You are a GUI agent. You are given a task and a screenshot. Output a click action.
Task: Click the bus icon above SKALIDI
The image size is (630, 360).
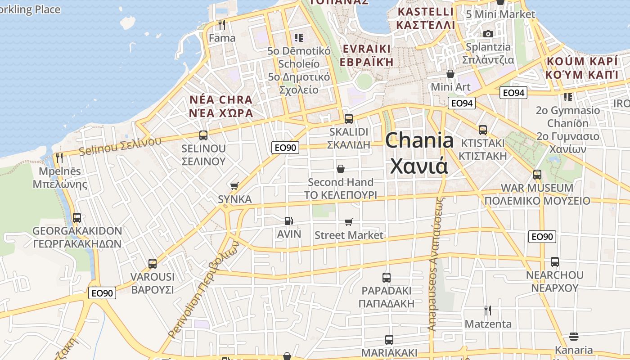pos(348,119)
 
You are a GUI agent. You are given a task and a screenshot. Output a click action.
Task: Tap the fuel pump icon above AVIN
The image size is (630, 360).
pos(288,221)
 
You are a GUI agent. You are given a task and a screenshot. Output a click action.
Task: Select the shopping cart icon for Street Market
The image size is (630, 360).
pos(348,222)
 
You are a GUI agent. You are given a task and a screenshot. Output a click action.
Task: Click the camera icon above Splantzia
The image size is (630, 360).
pos(488,34)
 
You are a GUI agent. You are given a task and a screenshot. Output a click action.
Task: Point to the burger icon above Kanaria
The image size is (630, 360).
pos(573,336)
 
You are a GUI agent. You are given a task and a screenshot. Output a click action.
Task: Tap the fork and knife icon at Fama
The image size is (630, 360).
pos(221,24)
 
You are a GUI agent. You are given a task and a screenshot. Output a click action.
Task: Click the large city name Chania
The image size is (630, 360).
pos(419,140)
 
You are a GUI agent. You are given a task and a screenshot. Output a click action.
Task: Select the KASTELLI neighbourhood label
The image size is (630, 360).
pos(425,12)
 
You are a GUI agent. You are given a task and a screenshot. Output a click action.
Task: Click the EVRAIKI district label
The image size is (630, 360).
pos(366,49)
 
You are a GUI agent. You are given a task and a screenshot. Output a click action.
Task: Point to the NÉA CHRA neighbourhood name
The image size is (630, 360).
pos(220,99)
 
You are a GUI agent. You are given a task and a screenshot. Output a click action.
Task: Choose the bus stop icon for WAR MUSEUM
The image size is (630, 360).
pos(537,175)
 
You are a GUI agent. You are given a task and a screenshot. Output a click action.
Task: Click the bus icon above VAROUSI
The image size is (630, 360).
pos(153,264)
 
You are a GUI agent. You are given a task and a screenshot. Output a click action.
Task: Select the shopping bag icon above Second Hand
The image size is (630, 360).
pos(341,169)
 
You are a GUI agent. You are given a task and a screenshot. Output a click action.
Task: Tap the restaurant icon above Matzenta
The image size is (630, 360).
pos(487,310)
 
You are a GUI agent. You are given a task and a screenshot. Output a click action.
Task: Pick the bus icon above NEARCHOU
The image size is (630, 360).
pos(554,262)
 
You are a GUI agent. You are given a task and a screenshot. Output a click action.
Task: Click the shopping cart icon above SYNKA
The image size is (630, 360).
pos(234,186)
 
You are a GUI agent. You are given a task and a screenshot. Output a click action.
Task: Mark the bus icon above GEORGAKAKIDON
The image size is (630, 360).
pos(77,218)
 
